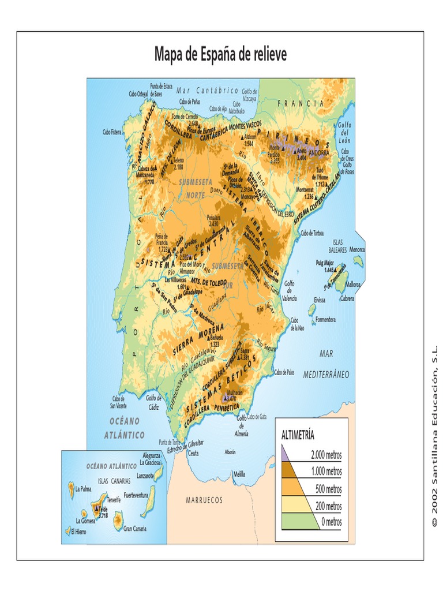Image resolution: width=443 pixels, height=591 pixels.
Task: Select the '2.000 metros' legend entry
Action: click(x=326, y=455)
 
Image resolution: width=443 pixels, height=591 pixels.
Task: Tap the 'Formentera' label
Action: click(x=325, y=319)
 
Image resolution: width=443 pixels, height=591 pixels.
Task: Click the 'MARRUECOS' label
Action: click(x=204, y=500)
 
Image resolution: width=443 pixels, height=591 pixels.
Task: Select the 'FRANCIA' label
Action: click(x=301, y=103)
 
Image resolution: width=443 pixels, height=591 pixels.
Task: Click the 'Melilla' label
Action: click(x=240, y=474)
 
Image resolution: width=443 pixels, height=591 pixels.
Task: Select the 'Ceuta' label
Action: click(x=193, y=453)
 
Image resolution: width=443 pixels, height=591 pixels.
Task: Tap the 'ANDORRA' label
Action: click(x=318, y=154)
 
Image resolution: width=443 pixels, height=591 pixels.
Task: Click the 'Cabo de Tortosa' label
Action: click(x=312, y=233)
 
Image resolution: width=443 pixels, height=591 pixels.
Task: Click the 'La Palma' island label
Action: click(x=84, y=488)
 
